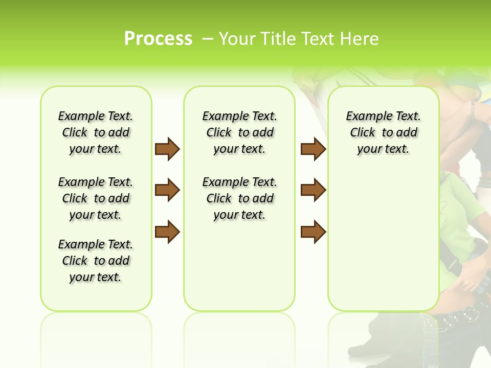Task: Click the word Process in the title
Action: point(158,38)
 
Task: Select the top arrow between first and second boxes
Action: point(167,149)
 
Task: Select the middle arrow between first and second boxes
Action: point(167,190)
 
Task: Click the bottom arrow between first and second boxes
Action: point(167,232)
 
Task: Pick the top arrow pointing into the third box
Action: point(313,149)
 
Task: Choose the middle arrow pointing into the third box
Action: point(313,190)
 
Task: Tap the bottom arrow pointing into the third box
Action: point(313,232)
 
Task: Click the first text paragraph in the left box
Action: point(96,132)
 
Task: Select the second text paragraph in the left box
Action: point(96,198)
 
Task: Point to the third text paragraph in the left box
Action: point(96,261)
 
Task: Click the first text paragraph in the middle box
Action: point(239,132)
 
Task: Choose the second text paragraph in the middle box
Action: point(239,198)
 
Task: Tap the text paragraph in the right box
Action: point(383,132)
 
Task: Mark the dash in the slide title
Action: point(208,39)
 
